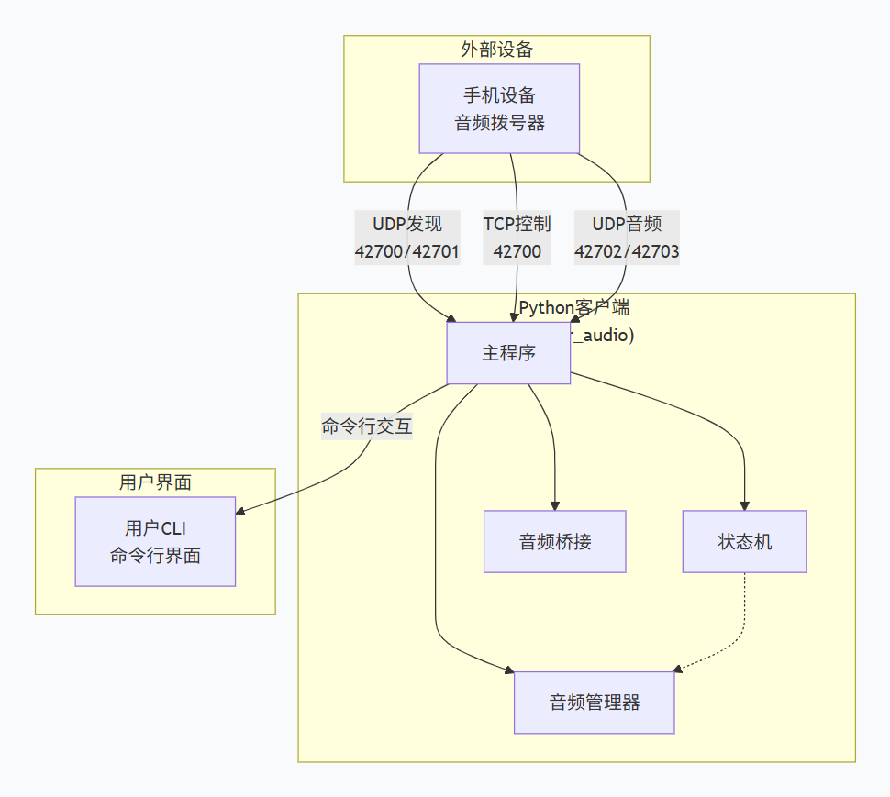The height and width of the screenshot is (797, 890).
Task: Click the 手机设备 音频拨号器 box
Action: [x=499, y=108]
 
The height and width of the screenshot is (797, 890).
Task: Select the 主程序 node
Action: [x=508, y=353]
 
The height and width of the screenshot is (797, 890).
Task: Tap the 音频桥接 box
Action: [x=554, y=541]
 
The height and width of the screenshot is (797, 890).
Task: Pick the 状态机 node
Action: [x=744, y=541]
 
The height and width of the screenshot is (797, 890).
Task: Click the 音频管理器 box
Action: [x=594, y=703]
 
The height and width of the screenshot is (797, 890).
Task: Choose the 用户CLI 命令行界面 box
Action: [x=155, y=541]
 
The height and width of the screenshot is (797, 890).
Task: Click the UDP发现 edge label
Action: [x=407, y=225]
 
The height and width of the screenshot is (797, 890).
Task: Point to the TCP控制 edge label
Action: [x=517, y=225]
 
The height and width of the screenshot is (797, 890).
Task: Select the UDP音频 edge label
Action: [x=627, y=225]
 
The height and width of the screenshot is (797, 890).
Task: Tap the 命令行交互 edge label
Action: [x=366, y=426]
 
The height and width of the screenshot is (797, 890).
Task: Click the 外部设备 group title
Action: [x=496, y=50]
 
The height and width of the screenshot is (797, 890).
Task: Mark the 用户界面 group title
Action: [x=155, y=482]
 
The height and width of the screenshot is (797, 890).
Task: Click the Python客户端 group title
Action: [x=574, y=307]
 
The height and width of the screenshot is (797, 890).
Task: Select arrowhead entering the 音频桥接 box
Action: [x=555, y=504]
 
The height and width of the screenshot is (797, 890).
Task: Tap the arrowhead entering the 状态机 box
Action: [x=744, y=504]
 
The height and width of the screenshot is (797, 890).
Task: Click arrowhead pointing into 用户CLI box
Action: [x=242, y=513]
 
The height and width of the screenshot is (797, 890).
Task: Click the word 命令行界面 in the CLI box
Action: [x=155, y=556]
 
